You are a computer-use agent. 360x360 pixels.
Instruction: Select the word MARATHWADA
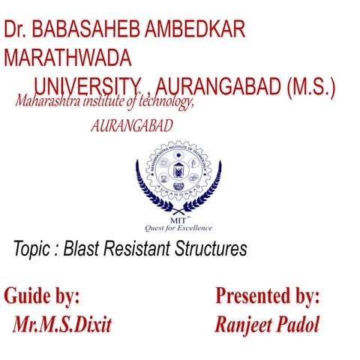(67, 58)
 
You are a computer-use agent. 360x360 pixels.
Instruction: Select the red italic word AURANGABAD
(131, 126)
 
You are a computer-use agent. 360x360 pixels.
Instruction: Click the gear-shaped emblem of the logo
(178, 174)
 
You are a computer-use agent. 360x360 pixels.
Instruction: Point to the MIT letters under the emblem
(178, 218)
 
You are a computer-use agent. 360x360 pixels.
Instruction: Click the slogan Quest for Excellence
(178, 228)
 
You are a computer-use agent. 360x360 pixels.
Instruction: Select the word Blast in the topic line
(82, 249)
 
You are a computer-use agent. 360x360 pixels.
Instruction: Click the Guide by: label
(42, 295)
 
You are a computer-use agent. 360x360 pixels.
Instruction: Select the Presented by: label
(268, 295)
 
